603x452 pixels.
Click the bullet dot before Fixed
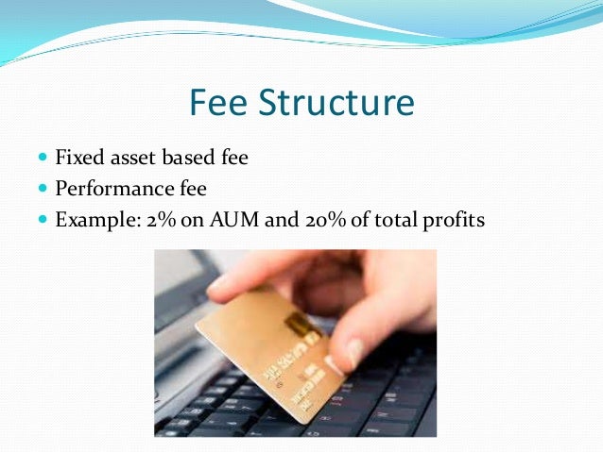click(43, 158)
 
